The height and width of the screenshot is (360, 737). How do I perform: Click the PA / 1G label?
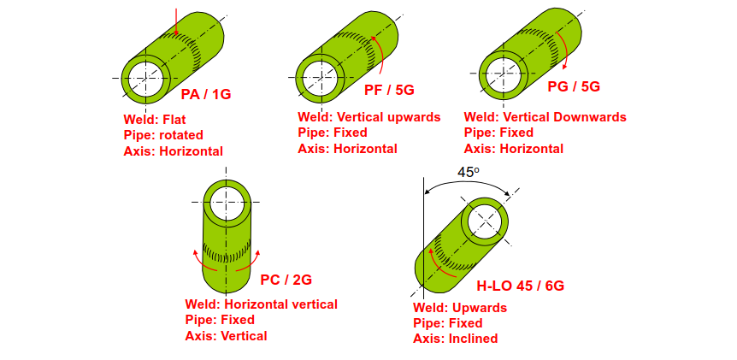pos(206,94)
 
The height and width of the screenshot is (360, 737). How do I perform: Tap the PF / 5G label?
pos(389,90)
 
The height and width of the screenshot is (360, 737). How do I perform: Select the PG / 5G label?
pos(574,86)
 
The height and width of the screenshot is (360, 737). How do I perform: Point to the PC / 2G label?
pos(286,280)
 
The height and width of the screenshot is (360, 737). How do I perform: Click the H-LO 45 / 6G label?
pos(521,286)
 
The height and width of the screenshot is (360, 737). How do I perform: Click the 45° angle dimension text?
pos(469,173)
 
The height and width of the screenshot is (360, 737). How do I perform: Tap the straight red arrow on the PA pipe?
pos(176,21)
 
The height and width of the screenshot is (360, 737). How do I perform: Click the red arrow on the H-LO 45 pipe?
pos(440,263)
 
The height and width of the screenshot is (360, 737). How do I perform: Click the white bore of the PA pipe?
pos(145,78)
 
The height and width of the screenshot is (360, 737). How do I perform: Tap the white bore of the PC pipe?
pos(227,203)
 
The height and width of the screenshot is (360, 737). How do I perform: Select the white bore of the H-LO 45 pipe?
pos(486,221)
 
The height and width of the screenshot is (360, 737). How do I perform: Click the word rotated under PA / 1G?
pos(181,135)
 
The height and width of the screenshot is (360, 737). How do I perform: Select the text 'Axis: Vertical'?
pos(226,336)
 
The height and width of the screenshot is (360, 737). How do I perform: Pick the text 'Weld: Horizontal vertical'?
pos(262,304)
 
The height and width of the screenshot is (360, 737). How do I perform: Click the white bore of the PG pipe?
pos(504,74)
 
